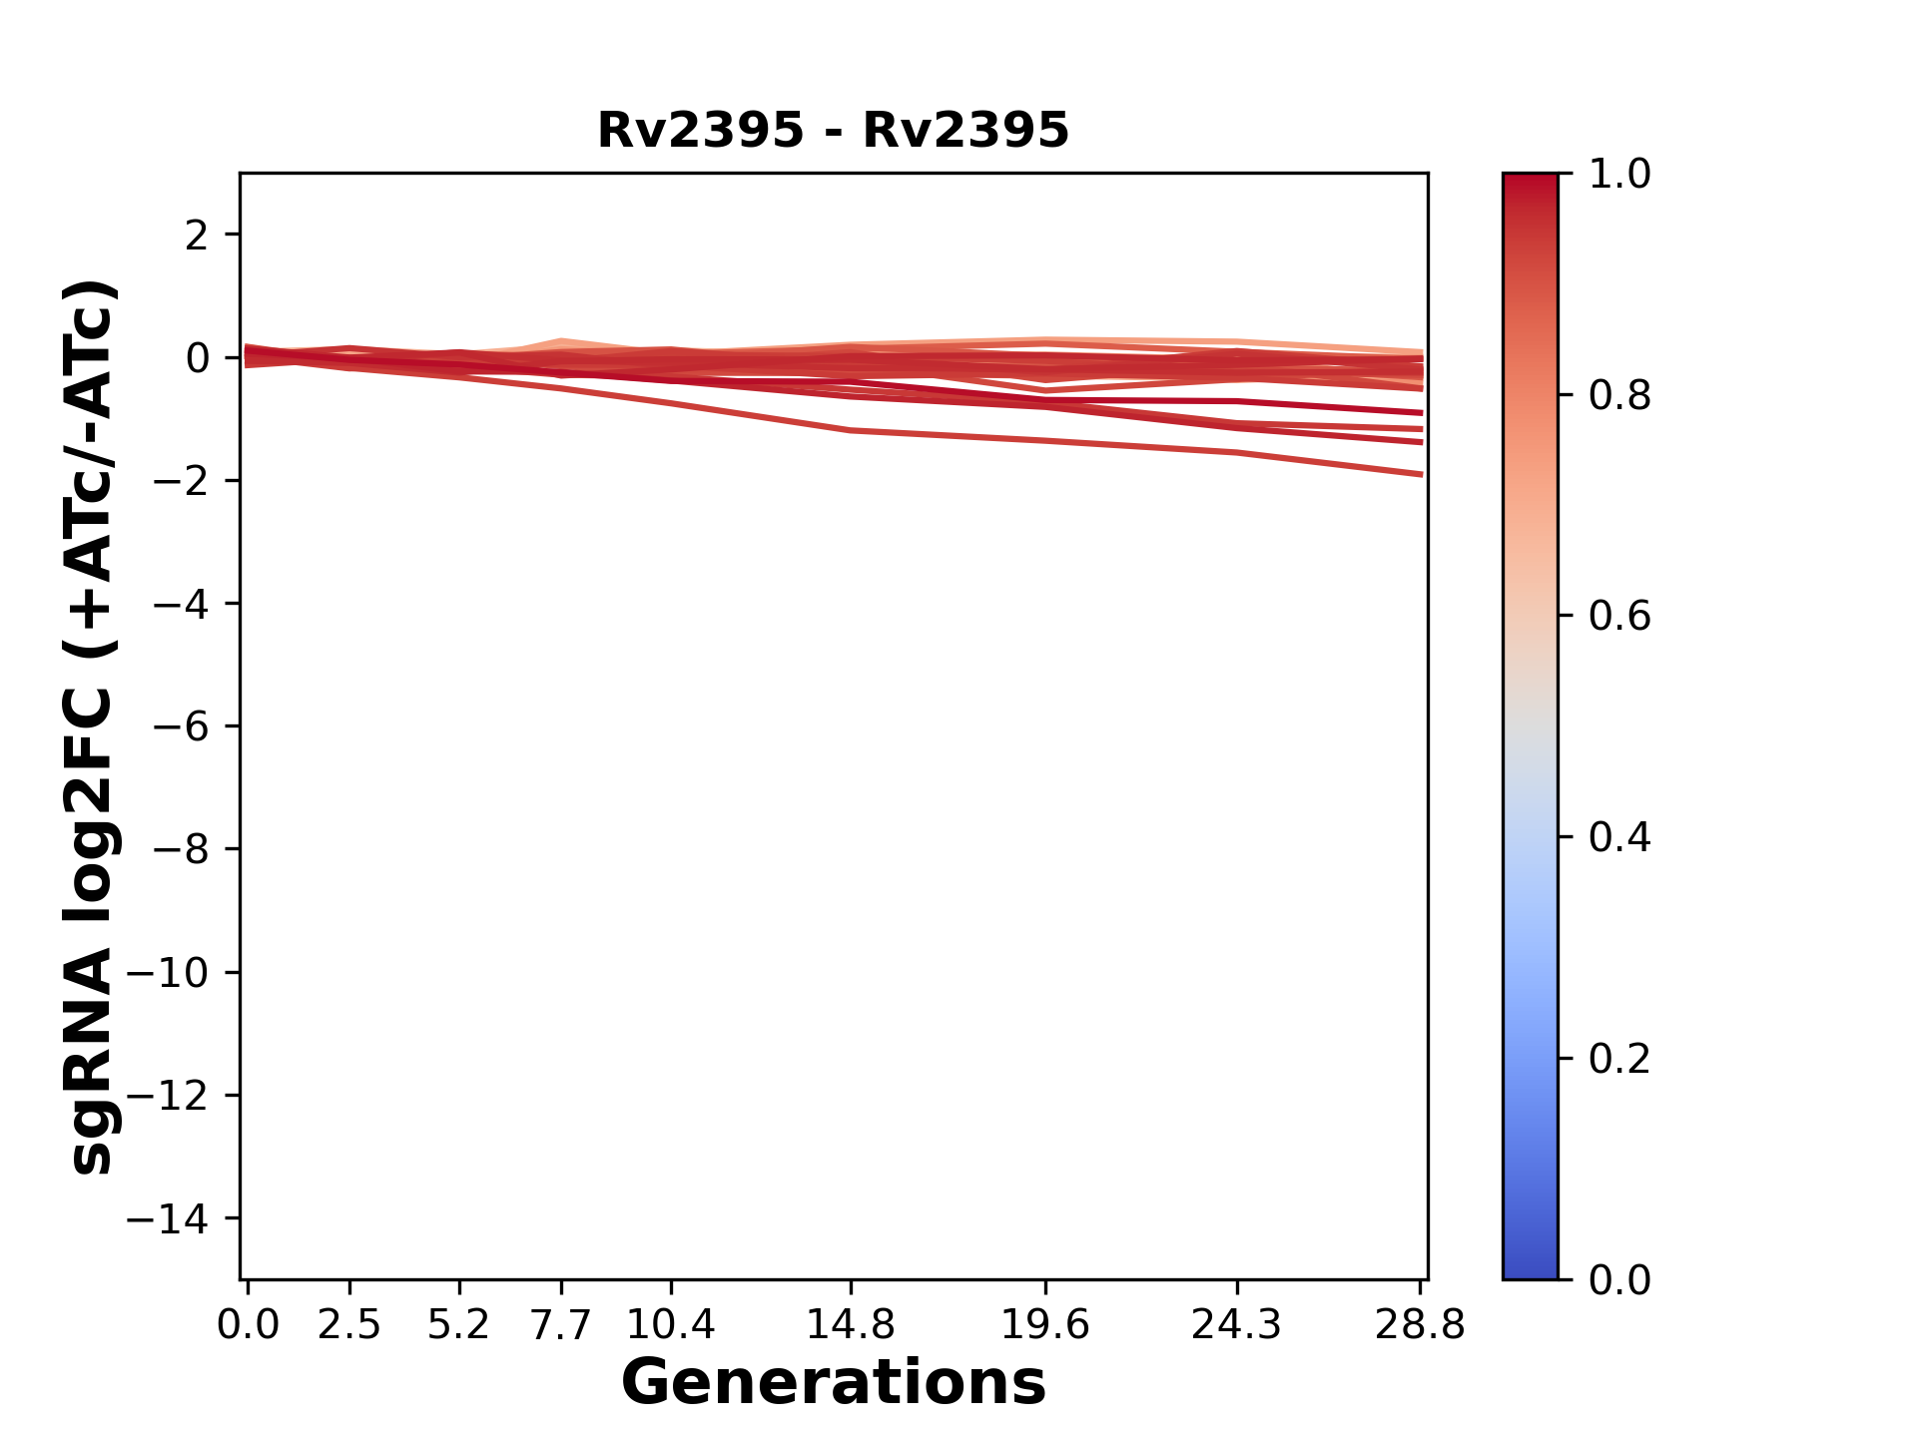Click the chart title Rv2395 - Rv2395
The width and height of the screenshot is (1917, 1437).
pos(833,131)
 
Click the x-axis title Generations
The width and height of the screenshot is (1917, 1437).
pos(833,1382)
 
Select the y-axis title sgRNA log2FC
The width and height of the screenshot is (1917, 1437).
pos(92,726)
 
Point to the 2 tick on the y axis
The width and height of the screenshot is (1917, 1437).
pos(197,236)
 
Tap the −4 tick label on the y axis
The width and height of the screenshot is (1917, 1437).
pos(181,604)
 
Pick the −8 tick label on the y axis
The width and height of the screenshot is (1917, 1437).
pos(181,849)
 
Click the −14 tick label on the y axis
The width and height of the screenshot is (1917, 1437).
pos(168,1218)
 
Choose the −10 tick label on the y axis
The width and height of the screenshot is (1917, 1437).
pos(168,973)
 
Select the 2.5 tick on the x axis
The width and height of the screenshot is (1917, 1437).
pos(349,1325)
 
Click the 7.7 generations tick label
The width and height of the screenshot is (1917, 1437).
pos(561,1325)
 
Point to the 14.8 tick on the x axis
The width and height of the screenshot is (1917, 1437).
pos(851,1325)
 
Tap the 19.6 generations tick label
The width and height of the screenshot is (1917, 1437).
pos(1045,1325)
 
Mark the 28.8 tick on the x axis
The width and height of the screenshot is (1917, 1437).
pos(1420,1325)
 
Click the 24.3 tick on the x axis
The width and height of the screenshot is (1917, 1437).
pos(1237,1325)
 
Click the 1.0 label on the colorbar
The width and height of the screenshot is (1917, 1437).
pos(1619,175)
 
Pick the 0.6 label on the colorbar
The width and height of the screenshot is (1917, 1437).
pos(1619,617)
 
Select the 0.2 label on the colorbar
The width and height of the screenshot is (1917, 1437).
pos(1619,1059)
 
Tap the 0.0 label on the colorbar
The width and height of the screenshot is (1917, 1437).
pos(1619,1279)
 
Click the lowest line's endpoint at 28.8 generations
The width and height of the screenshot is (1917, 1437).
pos(1421,474)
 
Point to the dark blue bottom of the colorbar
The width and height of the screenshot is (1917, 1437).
pos(1530,1267)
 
